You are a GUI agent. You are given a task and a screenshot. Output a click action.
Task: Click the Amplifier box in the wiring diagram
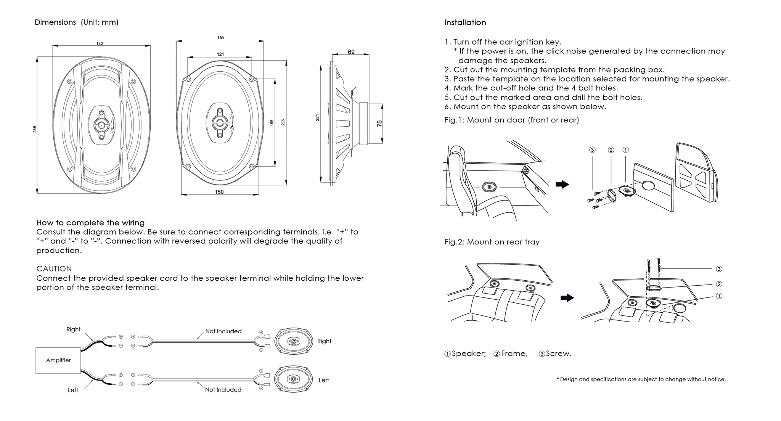(58, 360)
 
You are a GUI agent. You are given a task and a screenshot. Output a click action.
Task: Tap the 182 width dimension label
(100, 43)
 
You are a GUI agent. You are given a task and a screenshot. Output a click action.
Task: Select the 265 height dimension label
(35, 129)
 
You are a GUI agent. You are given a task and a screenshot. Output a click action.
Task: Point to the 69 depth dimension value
(351, 52)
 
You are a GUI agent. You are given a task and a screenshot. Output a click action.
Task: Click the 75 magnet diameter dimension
(379, 124)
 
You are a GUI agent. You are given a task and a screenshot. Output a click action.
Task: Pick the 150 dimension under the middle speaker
(219, 192)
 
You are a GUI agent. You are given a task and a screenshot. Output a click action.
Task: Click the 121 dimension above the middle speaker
(220, 54)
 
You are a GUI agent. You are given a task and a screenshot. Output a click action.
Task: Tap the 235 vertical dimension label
(283, 122)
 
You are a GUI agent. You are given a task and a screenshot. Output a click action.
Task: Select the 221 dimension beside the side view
(317, 118)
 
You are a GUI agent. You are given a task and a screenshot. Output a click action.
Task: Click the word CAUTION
(54, 268)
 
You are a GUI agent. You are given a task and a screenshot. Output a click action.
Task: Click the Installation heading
(465, 22)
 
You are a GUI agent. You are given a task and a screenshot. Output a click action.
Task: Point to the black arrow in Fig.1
(562, 185)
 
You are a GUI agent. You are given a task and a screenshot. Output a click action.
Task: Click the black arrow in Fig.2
(567, 298)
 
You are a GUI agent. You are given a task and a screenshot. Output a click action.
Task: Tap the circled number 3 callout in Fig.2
(719, 269)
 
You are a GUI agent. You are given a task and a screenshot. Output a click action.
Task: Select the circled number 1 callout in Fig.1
(625, 150)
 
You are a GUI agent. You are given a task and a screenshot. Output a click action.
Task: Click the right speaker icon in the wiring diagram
(293, 341)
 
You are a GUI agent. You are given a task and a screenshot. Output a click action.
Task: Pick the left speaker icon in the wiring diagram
(293, 379)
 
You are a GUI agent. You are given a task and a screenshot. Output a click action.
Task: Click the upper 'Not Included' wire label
(223, 331)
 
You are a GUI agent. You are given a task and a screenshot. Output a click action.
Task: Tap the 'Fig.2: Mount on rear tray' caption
(492, 242)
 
